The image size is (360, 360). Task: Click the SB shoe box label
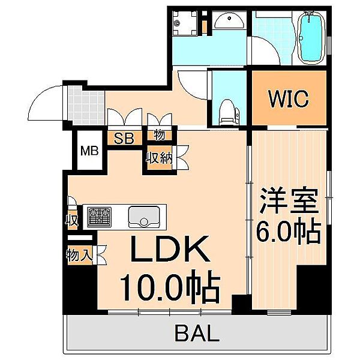pyautogui.click(x=124, y=137)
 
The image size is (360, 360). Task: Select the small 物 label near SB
pyautogui.click(x=160, y=136)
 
